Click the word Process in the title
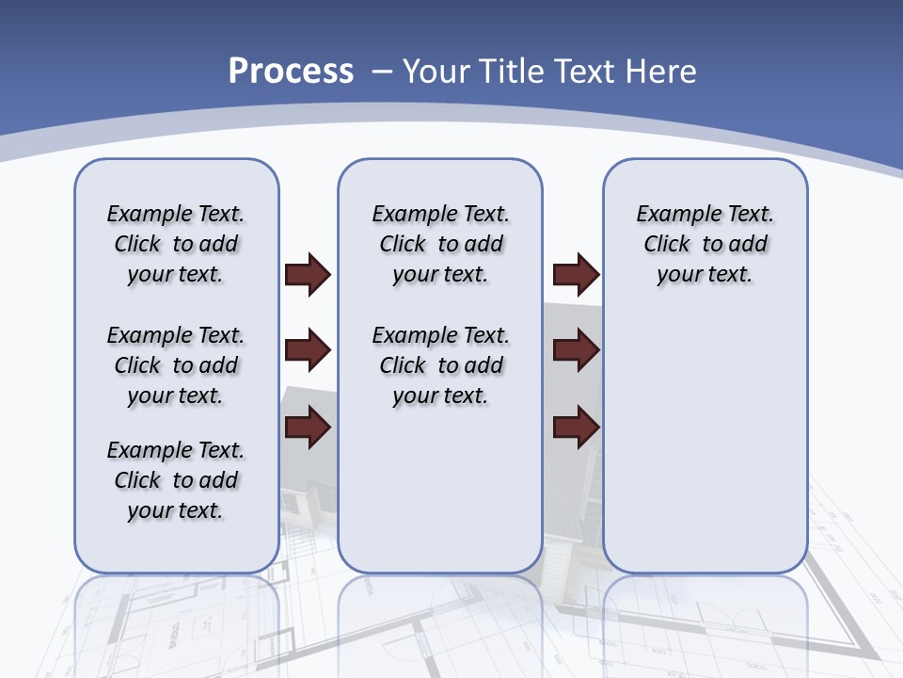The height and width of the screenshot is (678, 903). click(x=291, y=72)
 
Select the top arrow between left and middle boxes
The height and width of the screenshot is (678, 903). click(x=308, y=275)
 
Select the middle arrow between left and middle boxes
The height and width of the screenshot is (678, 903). click(x=308, y=350)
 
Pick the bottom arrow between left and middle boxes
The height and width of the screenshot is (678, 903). click(x=308, y=428)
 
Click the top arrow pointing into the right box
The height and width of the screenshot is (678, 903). click(x=576, y=275)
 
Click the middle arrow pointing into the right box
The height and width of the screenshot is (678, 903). click(x=576, y=350)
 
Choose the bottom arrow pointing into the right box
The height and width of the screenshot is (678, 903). click(x=576, y=428)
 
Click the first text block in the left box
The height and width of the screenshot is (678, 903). click(x=176, y=244)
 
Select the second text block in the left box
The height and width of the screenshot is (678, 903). click(x=176, y=365)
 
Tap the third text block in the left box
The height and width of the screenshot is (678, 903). click(x=176, y=480)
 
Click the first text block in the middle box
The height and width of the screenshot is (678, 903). click(x=440, y=244)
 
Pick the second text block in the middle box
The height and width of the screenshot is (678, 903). click(x=440, y=365)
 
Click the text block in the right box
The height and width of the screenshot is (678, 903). click(x=705, y=244)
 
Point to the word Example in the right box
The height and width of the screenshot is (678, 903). click(x=673, y=215)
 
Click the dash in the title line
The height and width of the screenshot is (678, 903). click(x=382, y=72)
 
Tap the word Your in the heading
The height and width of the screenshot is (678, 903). click(x=436, y=72)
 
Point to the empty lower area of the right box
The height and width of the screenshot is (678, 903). click(x=705, y=452)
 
